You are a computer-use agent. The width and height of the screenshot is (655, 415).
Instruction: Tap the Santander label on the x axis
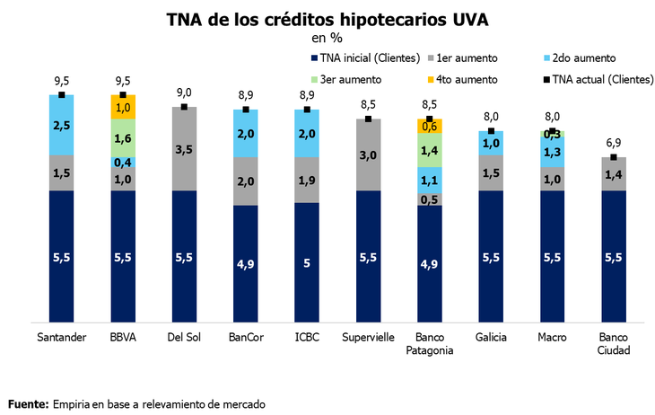[x=61, y=338]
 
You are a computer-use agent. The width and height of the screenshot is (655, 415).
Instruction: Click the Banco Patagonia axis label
[x=429, y=344]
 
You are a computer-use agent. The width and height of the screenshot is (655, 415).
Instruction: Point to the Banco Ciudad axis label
[x=613, y=344]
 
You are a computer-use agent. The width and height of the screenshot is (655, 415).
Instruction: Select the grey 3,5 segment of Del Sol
[x=184, y=148]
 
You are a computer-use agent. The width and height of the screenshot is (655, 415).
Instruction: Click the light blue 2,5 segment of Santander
[x=61, y=125]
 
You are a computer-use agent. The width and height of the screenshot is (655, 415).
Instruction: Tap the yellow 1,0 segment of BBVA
[x=123, y=107]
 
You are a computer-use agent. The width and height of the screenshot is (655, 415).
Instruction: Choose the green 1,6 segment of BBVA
[x=123, y=137]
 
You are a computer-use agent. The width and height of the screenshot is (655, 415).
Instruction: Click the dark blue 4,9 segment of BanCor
[x=245, y=262]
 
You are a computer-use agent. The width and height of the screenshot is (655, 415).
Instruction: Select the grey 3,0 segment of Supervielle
[x=368, y=155]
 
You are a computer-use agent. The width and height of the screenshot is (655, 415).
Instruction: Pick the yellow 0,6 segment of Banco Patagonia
[x=429, y=127]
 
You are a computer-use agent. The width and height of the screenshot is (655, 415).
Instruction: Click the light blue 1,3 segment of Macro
[x=552, y=152]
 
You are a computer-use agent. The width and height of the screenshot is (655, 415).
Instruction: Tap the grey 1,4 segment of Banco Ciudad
[x=613, y=174]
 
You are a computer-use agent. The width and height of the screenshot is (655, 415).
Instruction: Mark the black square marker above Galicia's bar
[x=491, y=131]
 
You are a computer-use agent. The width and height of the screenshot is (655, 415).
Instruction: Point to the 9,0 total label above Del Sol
[x=184, y=93]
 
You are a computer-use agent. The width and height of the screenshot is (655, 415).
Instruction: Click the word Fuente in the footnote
[x=28, y=403]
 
